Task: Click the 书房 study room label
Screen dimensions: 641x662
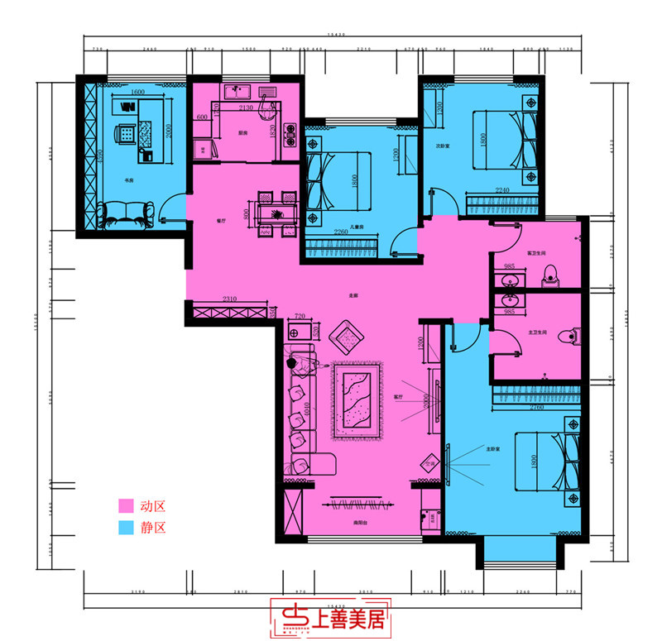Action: click(130, 179)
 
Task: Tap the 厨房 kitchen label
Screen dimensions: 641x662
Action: click(243, 133)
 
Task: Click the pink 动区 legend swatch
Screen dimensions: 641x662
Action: click(126, 505)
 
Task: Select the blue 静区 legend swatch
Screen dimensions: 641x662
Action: click(126, 526)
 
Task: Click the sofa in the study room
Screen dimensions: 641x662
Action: click(124, 216)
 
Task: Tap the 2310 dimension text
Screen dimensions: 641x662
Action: click(230, 299)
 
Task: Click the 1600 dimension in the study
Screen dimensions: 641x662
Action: click(137, 92)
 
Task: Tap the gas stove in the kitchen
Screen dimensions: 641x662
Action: click(291, 135)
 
